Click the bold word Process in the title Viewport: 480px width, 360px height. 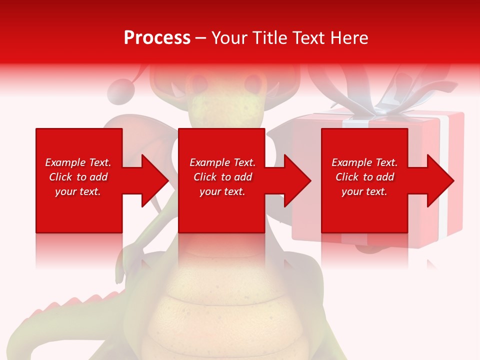(x=157, y=37)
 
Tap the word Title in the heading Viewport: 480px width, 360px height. (x=270, y=37)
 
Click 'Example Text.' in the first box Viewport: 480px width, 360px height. (x=78, y=162)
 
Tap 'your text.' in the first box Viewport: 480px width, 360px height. (x=78, y=191)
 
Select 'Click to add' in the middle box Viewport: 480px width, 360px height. (x=222, y=177)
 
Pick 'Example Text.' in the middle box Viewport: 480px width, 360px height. (x=222, y=162)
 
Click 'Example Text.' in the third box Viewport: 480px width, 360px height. (x=364, y=162)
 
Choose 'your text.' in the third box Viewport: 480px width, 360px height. (x=364, y=191)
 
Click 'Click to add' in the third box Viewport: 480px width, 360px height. (x=364, y=177)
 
